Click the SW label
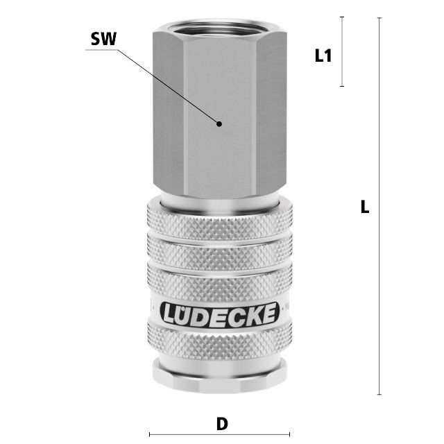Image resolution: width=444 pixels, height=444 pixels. (x=103, y=39)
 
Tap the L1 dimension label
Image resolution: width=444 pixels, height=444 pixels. (x=323, y=55)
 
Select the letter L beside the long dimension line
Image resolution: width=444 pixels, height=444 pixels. (x=365, y=207)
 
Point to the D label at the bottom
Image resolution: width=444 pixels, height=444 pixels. (x=222, y=424)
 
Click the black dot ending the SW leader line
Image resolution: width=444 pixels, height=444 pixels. (x=219, y=123)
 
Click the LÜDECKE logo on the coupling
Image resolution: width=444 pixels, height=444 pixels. (x=220, y=314)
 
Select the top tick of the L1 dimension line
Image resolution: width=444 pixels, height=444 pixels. (x=342, y=17)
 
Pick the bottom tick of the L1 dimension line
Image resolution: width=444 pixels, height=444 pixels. (x=342, y=86)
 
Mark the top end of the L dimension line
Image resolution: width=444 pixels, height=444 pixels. (x=379, y=18)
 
